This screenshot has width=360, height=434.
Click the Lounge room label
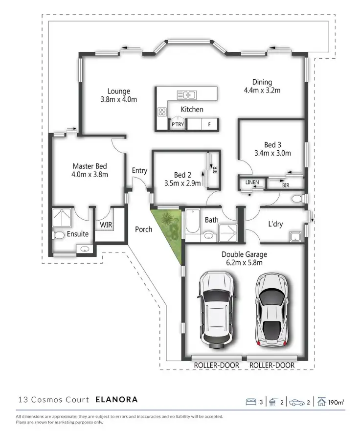tap(118, 91)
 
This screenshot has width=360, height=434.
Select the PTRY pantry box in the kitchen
tap(177, 124)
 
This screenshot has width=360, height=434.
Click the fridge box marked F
tap(209, 124)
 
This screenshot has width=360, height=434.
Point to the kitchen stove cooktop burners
tap(161, 111)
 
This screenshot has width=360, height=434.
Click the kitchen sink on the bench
tap(186, 94)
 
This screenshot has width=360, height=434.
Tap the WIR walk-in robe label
tap(106, 225)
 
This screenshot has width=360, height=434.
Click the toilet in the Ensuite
tap(59, 235)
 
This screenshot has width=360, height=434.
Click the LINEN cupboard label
tap(252, 183)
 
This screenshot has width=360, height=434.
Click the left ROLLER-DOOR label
tap(217, 365)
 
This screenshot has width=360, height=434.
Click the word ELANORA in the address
tap(116, 399)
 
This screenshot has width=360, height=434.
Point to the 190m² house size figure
tap(337, 402)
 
